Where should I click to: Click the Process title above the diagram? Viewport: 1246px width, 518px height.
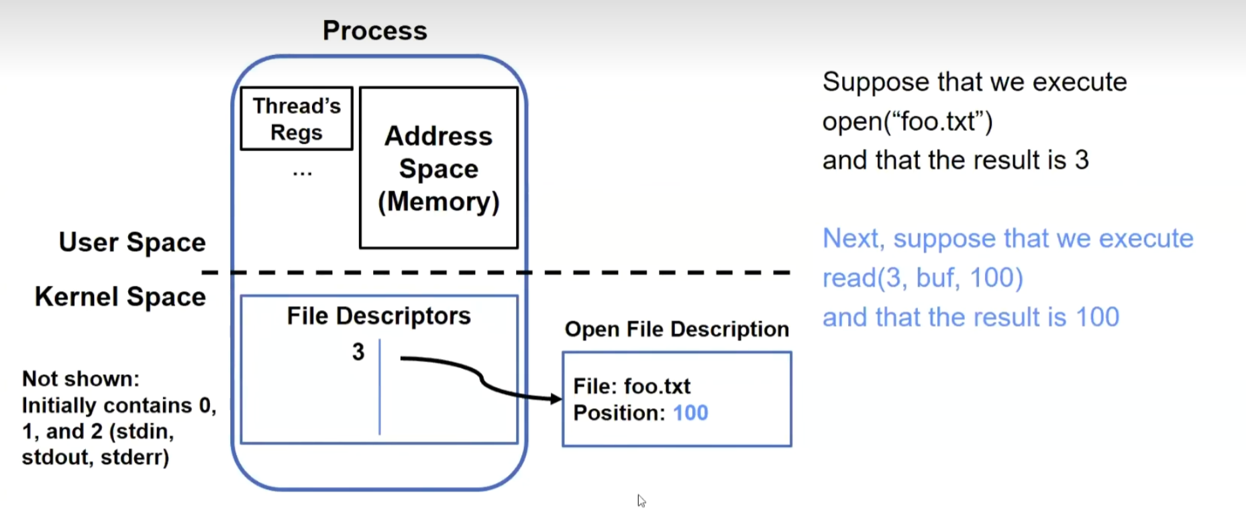tap(374, 30)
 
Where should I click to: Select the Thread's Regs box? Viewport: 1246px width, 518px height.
tap(297, 119)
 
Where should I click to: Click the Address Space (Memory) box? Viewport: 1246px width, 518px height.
tap(439, 168)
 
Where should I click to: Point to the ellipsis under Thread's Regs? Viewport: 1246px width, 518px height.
tap(303, 174)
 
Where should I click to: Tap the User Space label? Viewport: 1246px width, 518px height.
tap(132, 242)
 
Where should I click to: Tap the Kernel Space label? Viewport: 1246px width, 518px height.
tap(120, 297)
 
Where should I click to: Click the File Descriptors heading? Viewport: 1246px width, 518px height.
tap(378, 315)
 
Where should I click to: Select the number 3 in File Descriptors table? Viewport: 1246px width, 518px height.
tap(358, 352)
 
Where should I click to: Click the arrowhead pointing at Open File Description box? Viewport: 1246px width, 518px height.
tap(556, 399)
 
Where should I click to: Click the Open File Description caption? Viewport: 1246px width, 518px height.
tap(676, 329)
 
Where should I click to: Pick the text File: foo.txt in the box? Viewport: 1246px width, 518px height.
tap(631, 386)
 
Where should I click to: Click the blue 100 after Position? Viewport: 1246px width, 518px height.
tap(690, 413)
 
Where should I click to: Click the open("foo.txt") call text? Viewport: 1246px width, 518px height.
tap(907, 121)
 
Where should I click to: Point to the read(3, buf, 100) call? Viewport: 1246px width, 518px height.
tap(923, 278)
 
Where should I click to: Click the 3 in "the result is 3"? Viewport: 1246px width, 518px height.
tap(1082, 160)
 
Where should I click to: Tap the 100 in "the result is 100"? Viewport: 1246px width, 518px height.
tap(1098, 317)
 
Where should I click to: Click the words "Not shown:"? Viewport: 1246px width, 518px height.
tap(81, 378)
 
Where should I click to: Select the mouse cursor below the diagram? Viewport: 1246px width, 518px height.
tap(641, 501)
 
